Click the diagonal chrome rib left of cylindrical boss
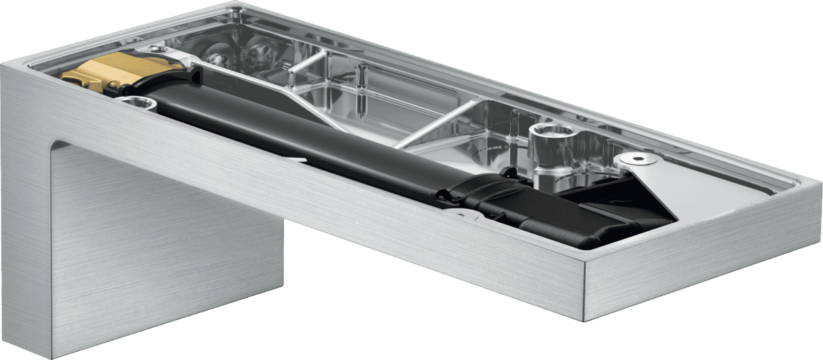tap(432, 123)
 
